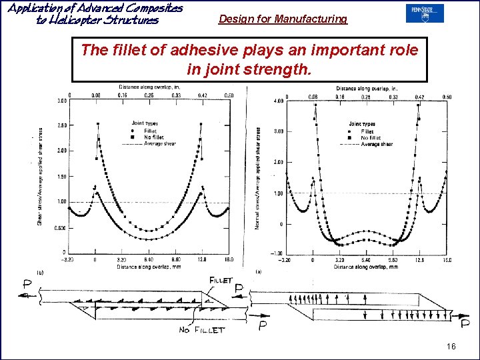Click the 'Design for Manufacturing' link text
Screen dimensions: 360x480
[x=283, y=19]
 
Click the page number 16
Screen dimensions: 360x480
[x=451, y=347]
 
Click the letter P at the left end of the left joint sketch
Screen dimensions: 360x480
[x=27, y=284]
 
